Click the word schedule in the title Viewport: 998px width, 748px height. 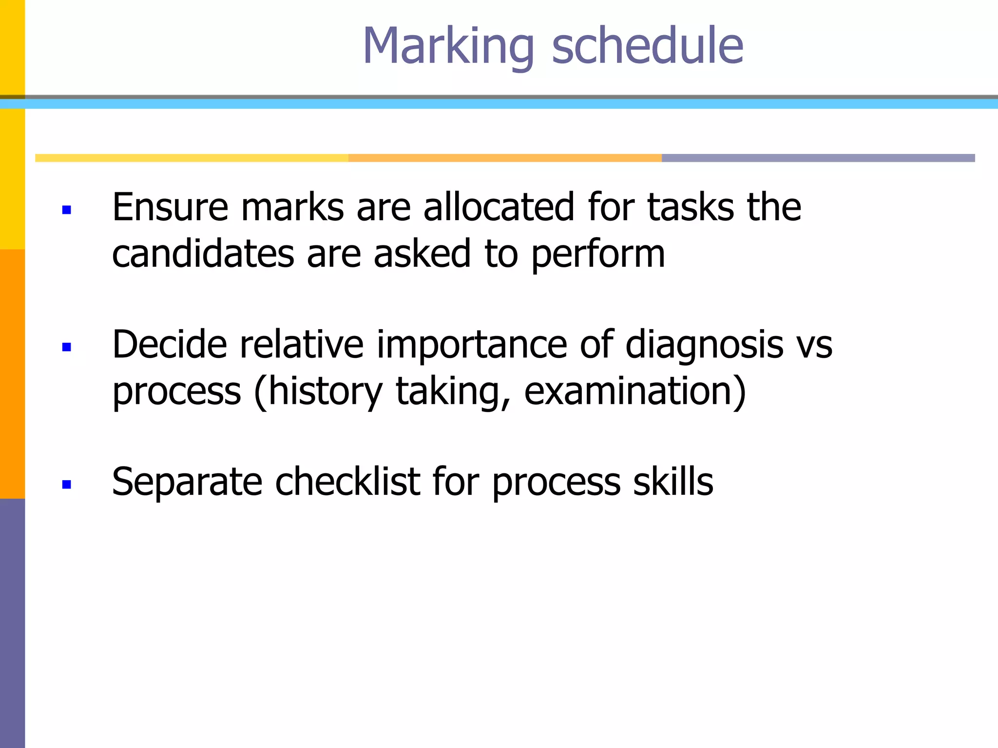pos(647,46)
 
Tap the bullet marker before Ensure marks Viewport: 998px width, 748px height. pos(67,210)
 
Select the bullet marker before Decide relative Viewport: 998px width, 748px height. pos(67,347)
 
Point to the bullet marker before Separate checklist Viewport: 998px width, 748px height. pos(67,484)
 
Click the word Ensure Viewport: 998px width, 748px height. pos(170,207)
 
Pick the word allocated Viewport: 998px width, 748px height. pos(499,207)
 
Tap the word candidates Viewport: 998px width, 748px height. pos(203,254)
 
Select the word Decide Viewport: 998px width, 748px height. pos(170,345)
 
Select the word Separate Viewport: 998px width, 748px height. pos(187,482)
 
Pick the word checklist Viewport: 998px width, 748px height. pos(347,482)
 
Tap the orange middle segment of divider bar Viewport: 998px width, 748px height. pos(505,158)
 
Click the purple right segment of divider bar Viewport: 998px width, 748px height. pos(818,158)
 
